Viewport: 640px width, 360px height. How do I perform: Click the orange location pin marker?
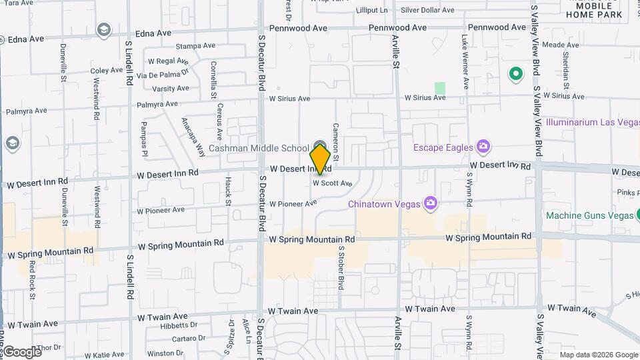320,159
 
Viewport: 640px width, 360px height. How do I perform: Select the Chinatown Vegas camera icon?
431,203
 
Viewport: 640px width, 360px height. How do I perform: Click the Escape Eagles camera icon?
483,147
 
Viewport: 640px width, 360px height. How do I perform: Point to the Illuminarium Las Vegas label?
592,123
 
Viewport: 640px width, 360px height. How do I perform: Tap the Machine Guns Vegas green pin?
637,215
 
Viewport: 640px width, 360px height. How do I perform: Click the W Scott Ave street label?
332,183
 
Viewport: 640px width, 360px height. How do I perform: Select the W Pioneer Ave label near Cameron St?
293,203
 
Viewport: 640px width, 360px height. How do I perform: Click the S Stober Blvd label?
341,267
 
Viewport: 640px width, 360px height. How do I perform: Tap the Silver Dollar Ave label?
427,10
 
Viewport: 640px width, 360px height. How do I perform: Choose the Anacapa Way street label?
193,137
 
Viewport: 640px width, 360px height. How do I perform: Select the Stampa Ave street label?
195,46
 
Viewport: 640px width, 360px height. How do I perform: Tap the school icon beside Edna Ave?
103,30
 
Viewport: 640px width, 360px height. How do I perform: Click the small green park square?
440,88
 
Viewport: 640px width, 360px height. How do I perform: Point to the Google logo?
21,351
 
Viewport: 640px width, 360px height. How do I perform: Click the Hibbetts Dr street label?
175,325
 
